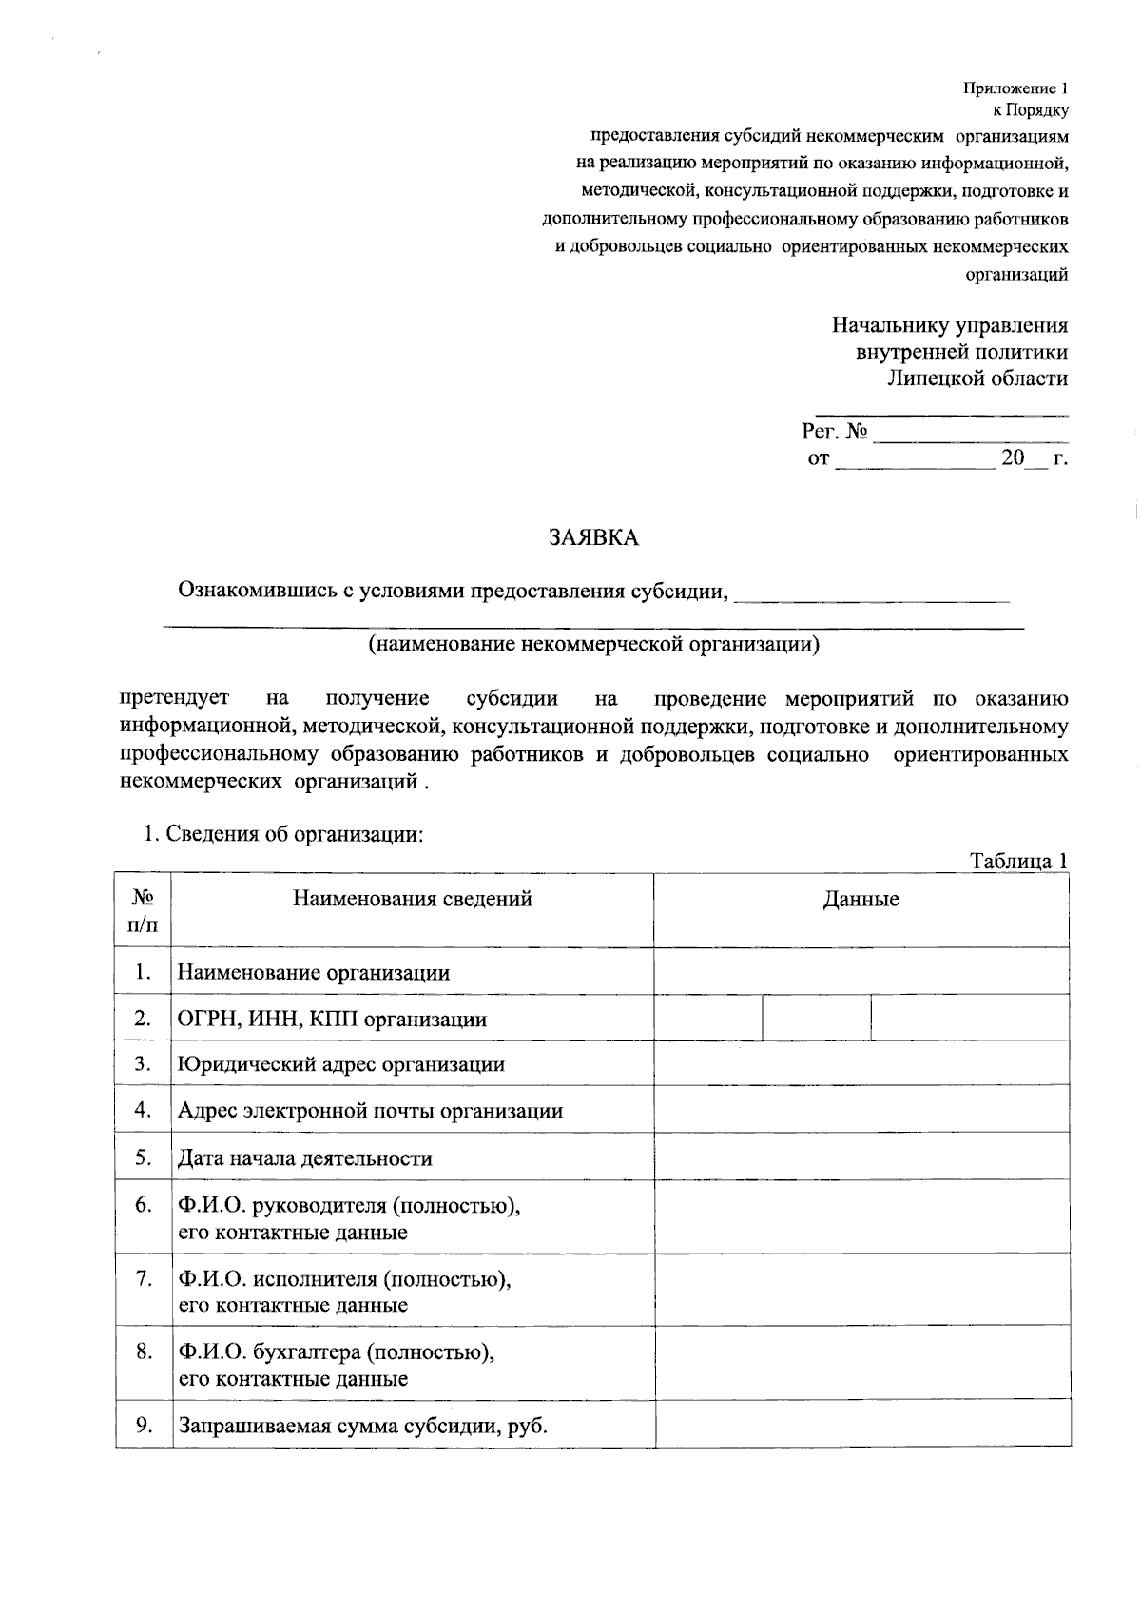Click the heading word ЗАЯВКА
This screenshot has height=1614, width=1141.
pyautogui.click(x=593, y=538)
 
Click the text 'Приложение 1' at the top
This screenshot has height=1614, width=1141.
pyautogui.click(x=1015, y=89)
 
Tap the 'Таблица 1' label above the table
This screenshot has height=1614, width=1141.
pyautogui.click(x=1018, y=861)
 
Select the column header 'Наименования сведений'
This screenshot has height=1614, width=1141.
pyautogui.click(x=412, y=899)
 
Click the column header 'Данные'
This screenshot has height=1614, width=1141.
pyautogui.click(x=861, y=899)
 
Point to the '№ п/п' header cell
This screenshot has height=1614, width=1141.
pyautogui.click(x=143, y=910)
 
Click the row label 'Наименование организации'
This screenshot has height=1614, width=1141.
pyautogui.click(x=314, y=973)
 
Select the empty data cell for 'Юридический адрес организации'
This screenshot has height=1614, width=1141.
pyautogui.click(x=861, y=1063)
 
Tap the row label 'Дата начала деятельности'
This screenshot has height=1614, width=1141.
pyautogui.click(x=304, y=1158)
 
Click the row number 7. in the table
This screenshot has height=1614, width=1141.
pyautogui.click(x=144, y=1278)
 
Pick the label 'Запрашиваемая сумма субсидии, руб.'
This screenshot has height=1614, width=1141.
pyautogui.click(x=363, y=1427)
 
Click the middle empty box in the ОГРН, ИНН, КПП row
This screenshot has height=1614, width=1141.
pyautogui.click(x=816, y=1019)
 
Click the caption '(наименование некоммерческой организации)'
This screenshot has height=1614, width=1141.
pyautogui.click(x=593, y=645)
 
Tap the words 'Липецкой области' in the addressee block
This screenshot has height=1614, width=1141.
pyautogui.click(x=977, y=379)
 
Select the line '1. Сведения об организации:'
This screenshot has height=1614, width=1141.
pyautogui.click(x=282, y=834)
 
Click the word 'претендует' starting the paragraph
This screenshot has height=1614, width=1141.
pyautogui.click(x=175, y=699)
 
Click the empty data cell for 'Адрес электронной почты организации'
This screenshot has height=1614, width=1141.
pyautogui.click(x=861, y=1110)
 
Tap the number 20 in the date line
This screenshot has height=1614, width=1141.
pyautogui.click(x=1013, y=458)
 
